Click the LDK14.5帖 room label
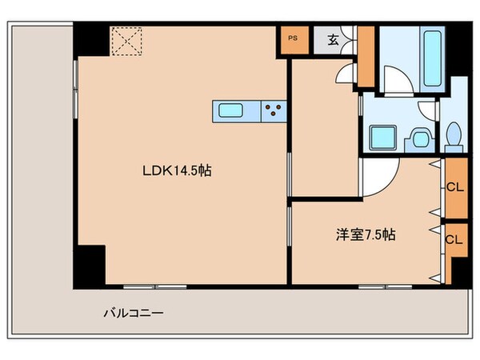click(176, 170)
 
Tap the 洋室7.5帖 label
click(365, 235)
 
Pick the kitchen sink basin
click(233, 111)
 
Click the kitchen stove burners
click(273, 111)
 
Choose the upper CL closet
click(454, 190)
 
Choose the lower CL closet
click(454, 239)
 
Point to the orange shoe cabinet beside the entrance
click(366, 58)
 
